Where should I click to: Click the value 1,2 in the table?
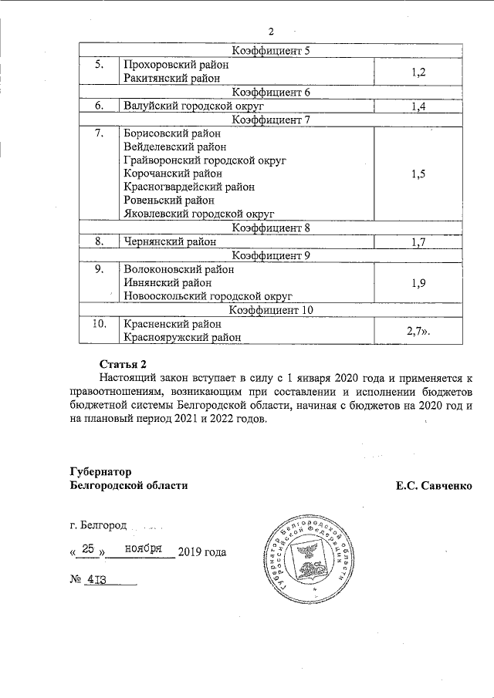tap(419, 72)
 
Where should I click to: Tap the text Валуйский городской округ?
tap(183, 106)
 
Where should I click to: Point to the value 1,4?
tap(419, 106)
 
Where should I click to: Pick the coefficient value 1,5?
tap(419, 174)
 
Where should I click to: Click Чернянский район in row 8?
tap(169, 241)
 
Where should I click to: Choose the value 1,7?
tap(419, 241)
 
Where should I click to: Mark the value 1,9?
tap(419, 282)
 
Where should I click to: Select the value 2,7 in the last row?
tap(418, 330)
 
